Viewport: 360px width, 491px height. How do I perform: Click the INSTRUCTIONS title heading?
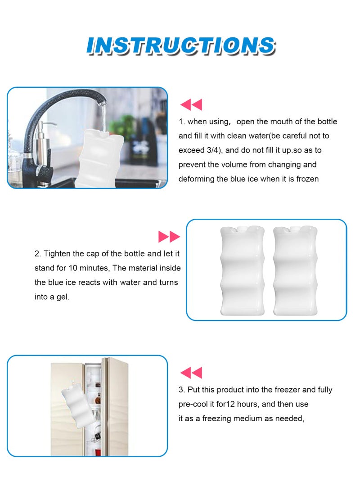(x=180, y=45)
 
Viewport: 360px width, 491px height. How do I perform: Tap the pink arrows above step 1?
(x=191, y=105)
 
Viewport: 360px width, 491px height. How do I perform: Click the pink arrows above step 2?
(x=169, y=237)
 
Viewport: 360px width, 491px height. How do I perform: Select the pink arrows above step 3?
(x=191, y=373)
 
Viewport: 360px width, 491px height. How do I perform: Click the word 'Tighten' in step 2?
(x=57, y=254)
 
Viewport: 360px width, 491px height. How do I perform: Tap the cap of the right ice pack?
(x=295, y=228)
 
